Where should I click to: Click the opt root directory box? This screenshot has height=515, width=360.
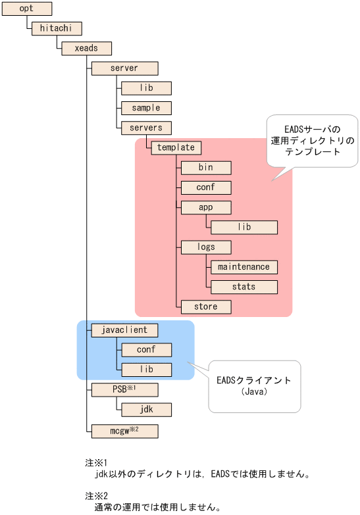(x=27, y=9)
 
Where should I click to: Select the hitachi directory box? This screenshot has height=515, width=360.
(x=56, y=28)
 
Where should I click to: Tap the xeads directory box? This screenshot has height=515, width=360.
(x=86, y=48)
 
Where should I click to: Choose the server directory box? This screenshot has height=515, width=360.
(x=124, y=68)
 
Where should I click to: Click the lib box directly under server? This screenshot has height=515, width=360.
(x=146, y=87)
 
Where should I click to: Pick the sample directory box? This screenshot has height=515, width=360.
(x=146, y=107)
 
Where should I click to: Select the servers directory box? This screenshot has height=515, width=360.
(x=146, y=127)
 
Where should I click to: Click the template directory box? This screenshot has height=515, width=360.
(x=176, y=147)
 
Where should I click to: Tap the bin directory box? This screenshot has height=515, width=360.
(x=206, y=167)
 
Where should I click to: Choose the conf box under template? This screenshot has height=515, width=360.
(x=206, y=187)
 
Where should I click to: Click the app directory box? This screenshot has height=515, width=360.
(x=206, y=207)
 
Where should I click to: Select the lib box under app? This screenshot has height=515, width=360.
(x=244, y=227)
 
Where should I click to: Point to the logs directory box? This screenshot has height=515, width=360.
(x=206, y=247)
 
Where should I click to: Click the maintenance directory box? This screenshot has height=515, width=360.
(x=244, y=266)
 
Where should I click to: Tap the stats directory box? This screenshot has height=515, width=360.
(x=244, y=287)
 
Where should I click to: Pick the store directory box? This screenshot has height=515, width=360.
(x=206, y=307)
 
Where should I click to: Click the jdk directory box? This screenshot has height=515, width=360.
(x=146, y=409)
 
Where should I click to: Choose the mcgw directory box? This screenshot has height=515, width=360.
(x=124, y=431)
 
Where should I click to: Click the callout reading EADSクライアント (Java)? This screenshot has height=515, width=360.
(x=253, y=385)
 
